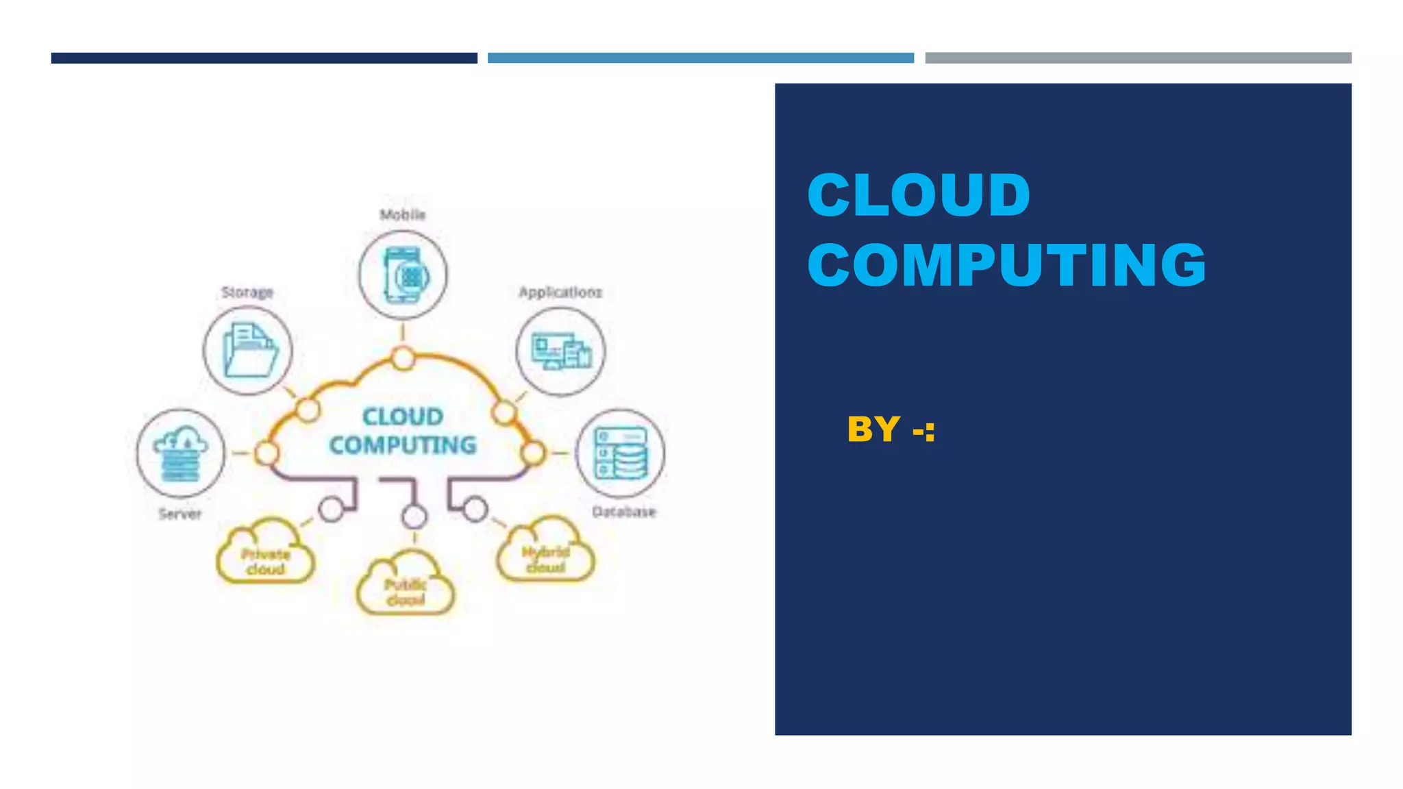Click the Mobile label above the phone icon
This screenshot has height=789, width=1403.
(x=403, y=215)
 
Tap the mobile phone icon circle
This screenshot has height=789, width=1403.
(x=403, y=275)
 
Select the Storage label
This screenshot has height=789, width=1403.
(x=247, y=292)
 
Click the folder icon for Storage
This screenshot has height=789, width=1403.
(x=248, y=351)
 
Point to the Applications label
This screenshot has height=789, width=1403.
(x=560, y=292)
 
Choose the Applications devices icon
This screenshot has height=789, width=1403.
(x=560, y=351)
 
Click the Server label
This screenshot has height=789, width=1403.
(x=180, y=514)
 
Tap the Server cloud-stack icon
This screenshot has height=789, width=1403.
(x=180, y=453)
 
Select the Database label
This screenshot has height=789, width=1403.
(x=623, y=512)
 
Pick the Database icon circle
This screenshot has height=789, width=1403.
(x=620, y=453)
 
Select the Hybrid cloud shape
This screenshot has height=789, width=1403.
(x=545, y=554)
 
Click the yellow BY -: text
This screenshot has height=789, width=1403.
(x=891, y=430)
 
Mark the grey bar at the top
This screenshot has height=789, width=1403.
(x=1138, y=58)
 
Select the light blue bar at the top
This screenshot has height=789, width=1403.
(x=700, y=58)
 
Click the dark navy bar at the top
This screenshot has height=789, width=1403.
(x=264, y=58)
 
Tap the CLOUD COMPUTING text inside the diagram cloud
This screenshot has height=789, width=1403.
(x=403, y=431)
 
